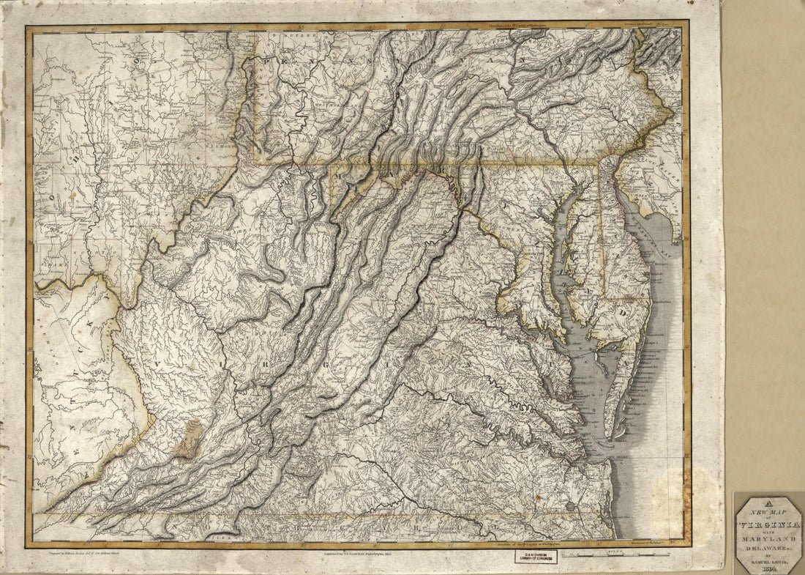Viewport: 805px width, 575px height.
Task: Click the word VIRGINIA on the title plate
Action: [769, 526]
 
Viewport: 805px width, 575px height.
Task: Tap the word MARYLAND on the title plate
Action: [769, 539]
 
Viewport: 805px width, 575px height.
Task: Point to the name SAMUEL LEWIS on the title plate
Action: [769, 562]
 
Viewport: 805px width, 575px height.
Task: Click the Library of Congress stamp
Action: [535, 557]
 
